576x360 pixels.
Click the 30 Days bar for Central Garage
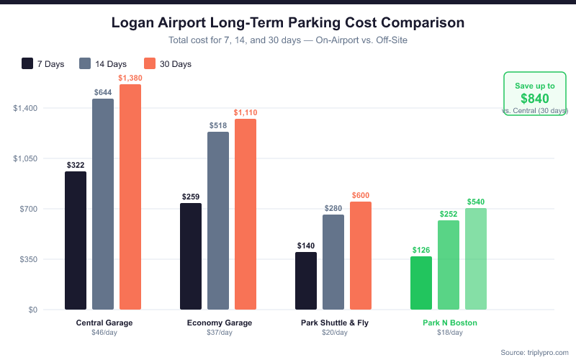[x=130, y=197]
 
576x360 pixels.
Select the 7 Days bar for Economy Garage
[x=191, y=256]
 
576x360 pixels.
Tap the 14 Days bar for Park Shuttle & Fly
[x=333, y=262]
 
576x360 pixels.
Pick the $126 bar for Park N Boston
[x=421, y=283]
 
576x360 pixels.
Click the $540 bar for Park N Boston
[x=476, y=259]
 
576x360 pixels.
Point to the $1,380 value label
[x=130, y=77]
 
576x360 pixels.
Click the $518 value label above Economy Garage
[x=218, y=125]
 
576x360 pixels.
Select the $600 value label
[x=361, y=195]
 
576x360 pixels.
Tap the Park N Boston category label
[x=450, y=323]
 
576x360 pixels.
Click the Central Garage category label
[x=104, y=323]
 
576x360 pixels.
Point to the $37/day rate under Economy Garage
[x=220, y=333]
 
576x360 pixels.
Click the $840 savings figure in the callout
[x=535, y=99]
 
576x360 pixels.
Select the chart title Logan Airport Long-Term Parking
[x=288, y=23]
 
